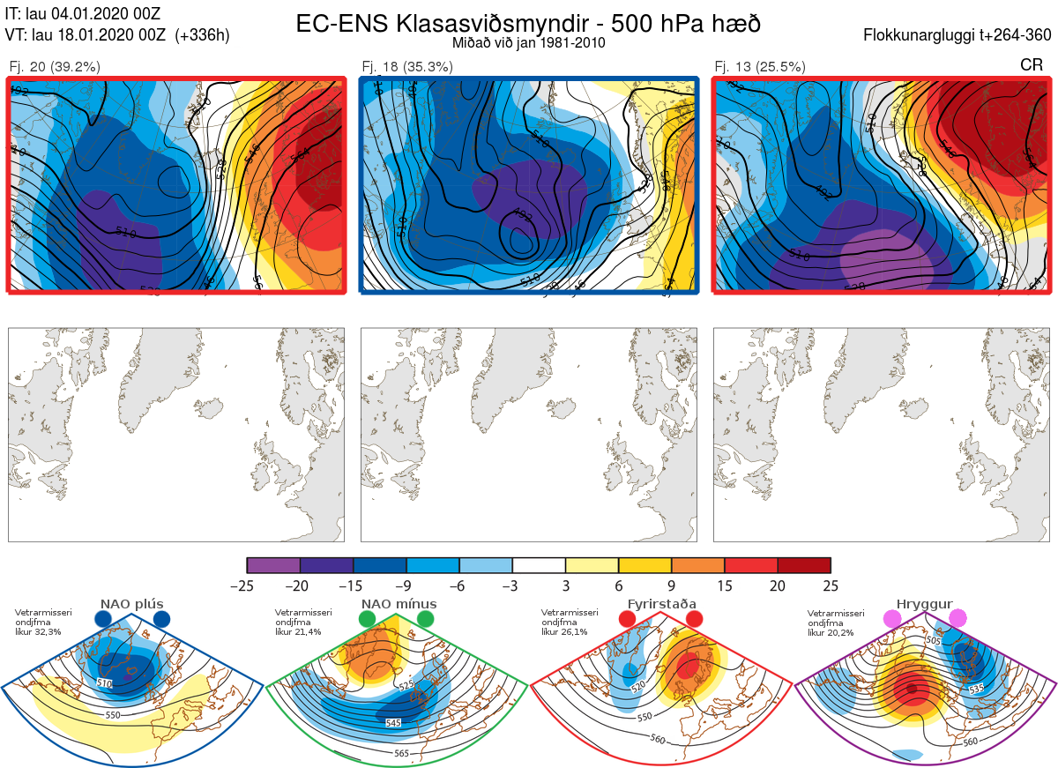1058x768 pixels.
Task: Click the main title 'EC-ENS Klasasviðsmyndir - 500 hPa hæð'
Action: pyautogui.click(x=528, y=24)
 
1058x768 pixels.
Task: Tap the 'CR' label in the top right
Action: pyautogui.click(x=1031, y=65)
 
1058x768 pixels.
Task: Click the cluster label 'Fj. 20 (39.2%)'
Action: pyautogui.click(x=55, y=66)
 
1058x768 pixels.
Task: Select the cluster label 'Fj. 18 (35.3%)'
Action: pyautogui.click(x=407, y=66)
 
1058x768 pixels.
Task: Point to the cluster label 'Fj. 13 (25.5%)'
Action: pyautogui.click(x=760, y=66)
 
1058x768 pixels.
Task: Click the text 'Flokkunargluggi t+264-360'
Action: pyautogui.click(x=958, y=35)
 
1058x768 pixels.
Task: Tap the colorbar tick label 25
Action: pyautogui.click(x=830, y=585)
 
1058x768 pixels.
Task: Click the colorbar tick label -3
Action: pyautogui.click(x=512, y=585)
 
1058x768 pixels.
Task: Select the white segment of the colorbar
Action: pyautogui.click(x=539, y=565)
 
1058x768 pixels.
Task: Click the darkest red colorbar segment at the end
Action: pyautogui.click(x=804, y=565)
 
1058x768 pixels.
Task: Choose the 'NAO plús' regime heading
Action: pyautogui.click(x=132, y=604)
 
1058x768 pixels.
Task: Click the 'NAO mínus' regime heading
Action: pyautogui.click(x=399, y=604)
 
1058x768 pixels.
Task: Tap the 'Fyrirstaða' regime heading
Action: pyautogui.click(x=662, y=604)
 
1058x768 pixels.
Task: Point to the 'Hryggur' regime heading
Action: pyautogui.click(x=925, y=604)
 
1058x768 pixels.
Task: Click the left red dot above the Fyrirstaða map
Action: pyautogui.click(x=627, y=620)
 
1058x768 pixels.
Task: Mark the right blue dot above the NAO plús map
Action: pyautogui.click(x=161, y=620)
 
